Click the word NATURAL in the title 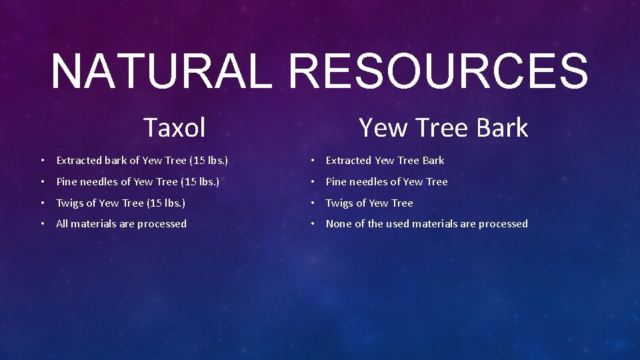(161, 71)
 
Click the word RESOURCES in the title (439, 71)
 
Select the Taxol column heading (175, 127)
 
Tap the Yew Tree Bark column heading (443, 127)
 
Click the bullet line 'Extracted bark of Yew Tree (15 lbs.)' (142, 161)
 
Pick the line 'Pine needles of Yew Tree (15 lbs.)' (137, 182)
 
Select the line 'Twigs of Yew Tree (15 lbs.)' (121, 203)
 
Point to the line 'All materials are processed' (121, 224)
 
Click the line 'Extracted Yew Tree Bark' (385, 161)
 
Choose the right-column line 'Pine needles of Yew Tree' (387, 182)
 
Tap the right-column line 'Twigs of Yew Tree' (369, 203)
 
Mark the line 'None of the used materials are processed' (427, 224)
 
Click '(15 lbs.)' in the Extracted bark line (209, 161)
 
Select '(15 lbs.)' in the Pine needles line (200, 182)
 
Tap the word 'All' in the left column (62, 224)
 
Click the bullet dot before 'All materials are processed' (41, 224)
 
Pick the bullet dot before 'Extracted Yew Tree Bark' (311, 161)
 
